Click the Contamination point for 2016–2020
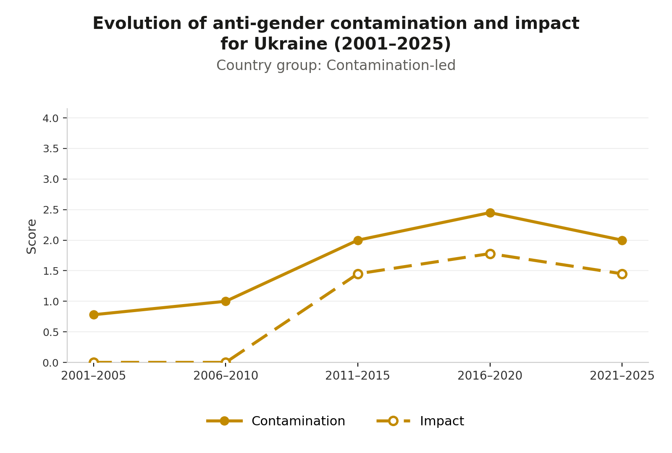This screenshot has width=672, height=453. [490, 213]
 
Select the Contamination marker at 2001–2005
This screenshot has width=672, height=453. [94, 315]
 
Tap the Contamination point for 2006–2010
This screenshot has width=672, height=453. [226, 301]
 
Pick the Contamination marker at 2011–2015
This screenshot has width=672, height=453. [357, 240]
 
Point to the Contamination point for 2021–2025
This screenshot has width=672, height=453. [622, 240]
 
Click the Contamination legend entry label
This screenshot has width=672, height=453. [298, 421]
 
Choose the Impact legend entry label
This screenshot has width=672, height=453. [442, 421]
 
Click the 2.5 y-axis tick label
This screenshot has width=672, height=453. [50, 210]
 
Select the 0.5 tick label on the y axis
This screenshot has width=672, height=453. [50, 332]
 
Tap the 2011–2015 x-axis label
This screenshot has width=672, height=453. [357, 376]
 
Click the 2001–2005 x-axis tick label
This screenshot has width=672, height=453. [94, 376]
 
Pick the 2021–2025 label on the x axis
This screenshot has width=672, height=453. [622, 376]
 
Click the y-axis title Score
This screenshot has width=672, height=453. [31, 237]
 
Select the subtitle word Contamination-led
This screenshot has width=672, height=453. [391, 65]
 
